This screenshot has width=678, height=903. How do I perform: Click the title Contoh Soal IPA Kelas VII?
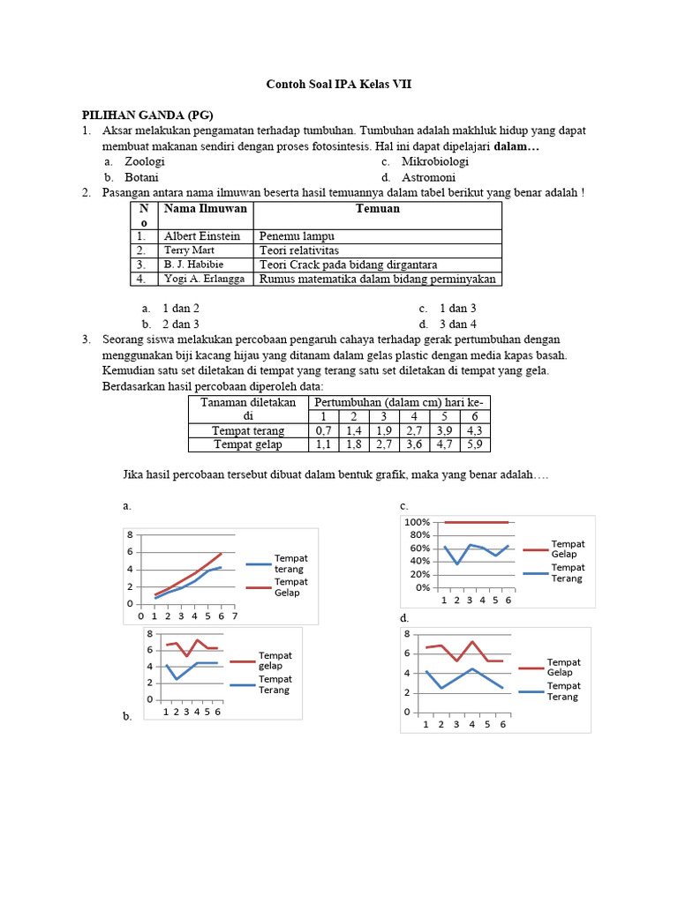point(339,85)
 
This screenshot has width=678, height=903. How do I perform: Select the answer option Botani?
point(141,177)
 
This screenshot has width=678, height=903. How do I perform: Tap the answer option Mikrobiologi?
point(434,161)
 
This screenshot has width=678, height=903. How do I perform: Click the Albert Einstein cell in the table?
point(201,236)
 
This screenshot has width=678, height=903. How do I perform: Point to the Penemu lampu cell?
point(296,236)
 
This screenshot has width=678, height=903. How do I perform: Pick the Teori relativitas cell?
point(298,250)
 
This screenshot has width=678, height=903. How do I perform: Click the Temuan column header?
point(377,209)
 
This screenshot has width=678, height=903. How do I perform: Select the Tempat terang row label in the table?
point(248,430)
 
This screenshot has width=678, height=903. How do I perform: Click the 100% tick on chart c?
point(417,522)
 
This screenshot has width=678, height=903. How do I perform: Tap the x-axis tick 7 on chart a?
point(233,616)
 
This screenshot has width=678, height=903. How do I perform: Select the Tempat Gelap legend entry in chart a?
point(290,587)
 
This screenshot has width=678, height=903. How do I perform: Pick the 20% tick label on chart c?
point(418,574)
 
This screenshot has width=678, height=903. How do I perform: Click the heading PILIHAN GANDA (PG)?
point(148,116)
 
